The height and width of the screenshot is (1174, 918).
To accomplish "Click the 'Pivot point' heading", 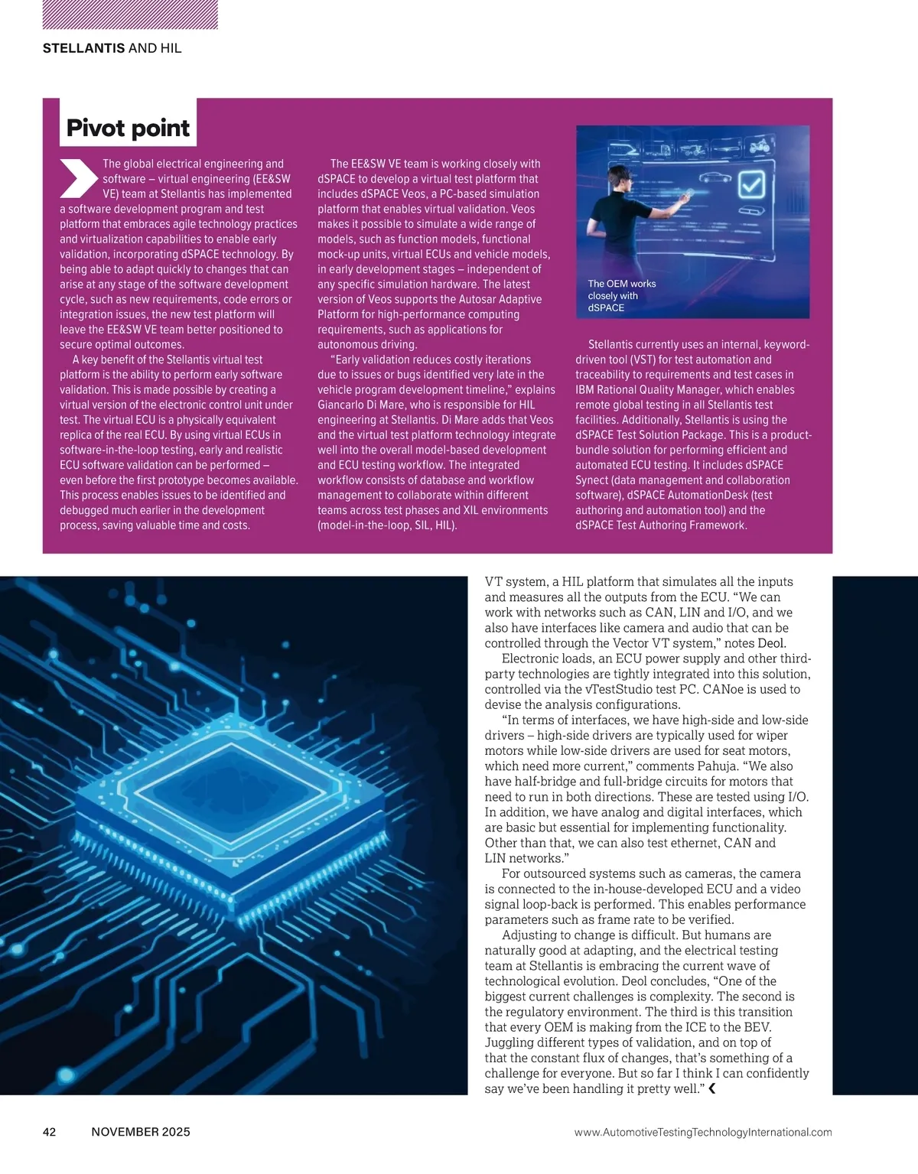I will coord(128,128).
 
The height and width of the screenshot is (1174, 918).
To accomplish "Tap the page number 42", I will coord(50,1132).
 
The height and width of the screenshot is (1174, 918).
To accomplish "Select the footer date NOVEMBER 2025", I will coord(141,1132).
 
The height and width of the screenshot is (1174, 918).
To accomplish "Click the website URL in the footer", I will coord(702,1132).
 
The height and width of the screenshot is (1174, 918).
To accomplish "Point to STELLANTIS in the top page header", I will coord(84,48).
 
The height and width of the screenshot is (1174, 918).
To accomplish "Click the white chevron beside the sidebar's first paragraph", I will coord(78,178).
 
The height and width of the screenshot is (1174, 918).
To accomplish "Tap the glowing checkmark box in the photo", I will coord(751,184).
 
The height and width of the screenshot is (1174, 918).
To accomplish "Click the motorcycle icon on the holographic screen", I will coord(757,146).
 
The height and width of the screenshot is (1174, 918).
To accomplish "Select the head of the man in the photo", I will coord(625,184).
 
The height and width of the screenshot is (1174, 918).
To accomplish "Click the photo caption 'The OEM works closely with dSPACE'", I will coord(621,295).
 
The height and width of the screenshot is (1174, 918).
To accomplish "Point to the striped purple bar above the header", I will coord(130,15).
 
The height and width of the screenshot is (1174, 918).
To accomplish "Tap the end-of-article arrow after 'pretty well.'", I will coord(712,1089).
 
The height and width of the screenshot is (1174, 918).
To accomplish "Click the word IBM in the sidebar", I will coord(586,389).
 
